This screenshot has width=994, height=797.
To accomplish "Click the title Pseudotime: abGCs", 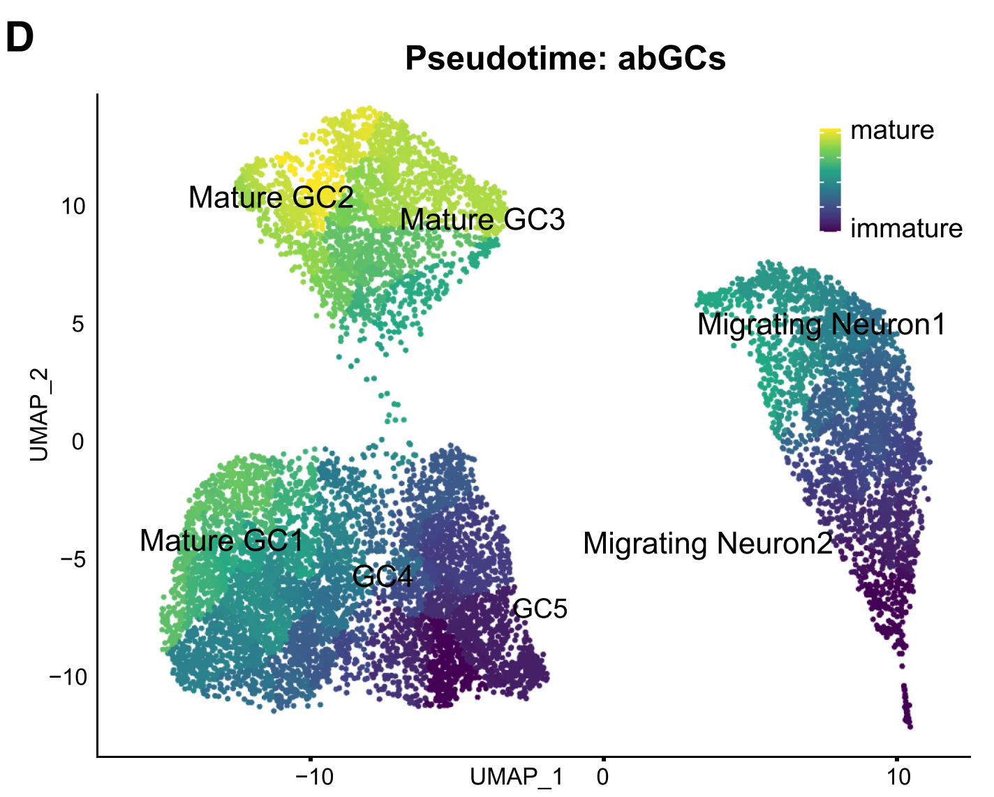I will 565,58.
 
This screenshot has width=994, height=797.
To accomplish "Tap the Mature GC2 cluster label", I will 271,198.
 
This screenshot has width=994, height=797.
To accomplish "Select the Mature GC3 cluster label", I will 482,220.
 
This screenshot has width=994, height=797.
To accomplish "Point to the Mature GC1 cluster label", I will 222,541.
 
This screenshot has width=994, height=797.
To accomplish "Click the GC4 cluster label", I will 383,576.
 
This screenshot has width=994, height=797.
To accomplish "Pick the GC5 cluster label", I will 540,609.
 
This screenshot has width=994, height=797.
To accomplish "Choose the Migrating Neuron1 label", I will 822,325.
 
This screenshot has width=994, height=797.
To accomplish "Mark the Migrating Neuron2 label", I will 708,544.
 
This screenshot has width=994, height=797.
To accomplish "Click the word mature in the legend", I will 892,131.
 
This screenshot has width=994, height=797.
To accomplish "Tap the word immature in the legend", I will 906,229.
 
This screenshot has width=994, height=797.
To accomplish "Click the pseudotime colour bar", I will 830,180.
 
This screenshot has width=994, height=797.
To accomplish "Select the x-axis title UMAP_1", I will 517,777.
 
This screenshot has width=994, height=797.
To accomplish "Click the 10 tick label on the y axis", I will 73,207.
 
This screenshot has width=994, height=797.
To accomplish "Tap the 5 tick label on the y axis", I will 77,324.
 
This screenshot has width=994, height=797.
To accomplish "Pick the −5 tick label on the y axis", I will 73,559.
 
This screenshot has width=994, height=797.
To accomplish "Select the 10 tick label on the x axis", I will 898,777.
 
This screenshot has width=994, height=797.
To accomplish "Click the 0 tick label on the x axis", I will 603,777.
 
